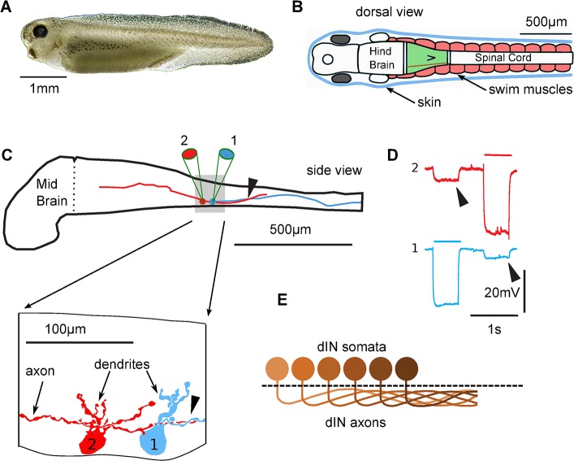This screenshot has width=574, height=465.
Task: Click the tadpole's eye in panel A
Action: tap(39, 33)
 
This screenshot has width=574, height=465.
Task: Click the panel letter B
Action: tap(297, 10)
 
